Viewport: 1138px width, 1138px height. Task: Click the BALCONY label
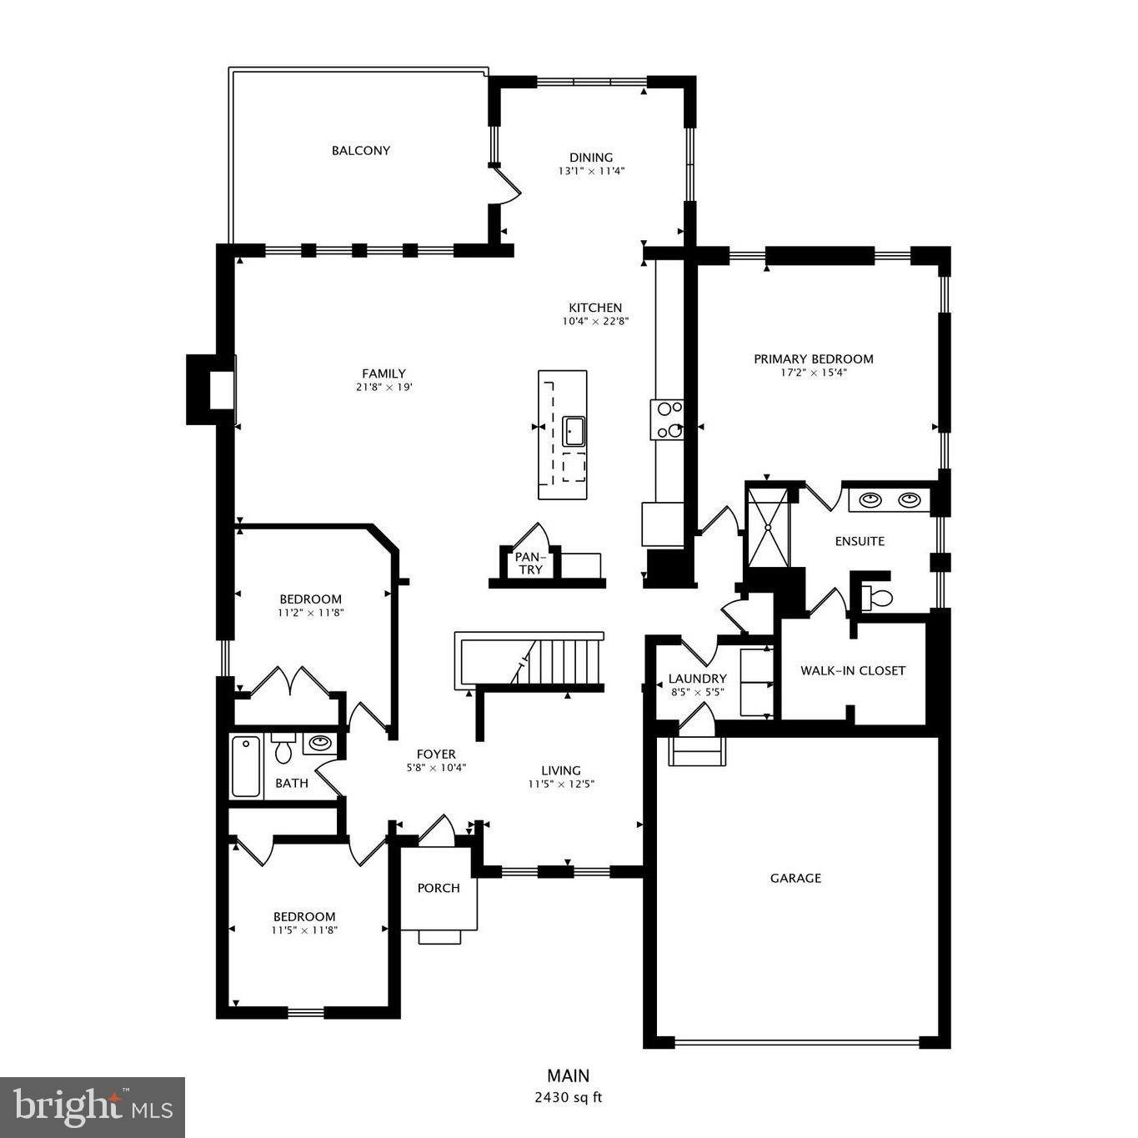point(360,151)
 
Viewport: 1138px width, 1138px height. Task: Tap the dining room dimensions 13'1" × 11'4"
point(591,171)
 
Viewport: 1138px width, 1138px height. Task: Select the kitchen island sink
point(574,431)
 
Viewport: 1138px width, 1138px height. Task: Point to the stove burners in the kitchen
point(668,420)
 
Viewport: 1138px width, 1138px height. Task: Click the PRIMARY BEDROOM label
point(813,359)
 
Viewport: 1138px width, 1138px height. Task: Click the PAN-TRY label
point(529,564)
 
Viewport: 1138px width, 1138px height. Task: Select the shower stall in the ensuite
point(767,527)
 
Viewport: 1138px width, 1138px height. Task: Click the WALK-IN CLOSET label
point(852,670)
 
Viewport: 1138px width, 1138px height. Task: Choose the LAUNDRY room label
point(697,679)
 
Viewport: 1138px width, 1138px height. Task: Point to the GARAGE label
point(795,878)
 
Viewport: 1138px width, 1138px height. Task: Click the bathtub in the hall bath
point(246,766)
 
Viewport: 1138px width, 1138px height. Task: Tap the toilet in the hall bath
point(283,749)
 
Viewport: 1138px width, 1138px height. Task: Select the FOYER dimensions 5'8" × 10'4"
point(436,768)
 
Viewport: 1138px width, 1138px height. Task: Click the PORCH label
point(439,888)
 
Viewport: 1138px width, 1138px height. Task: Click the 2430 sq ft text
point(568,1098)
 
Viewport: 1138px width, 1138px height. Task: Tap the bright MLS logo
point(93,1107)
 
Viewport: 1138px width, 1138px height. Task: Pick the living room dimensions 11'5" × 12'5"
point(560,784)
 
